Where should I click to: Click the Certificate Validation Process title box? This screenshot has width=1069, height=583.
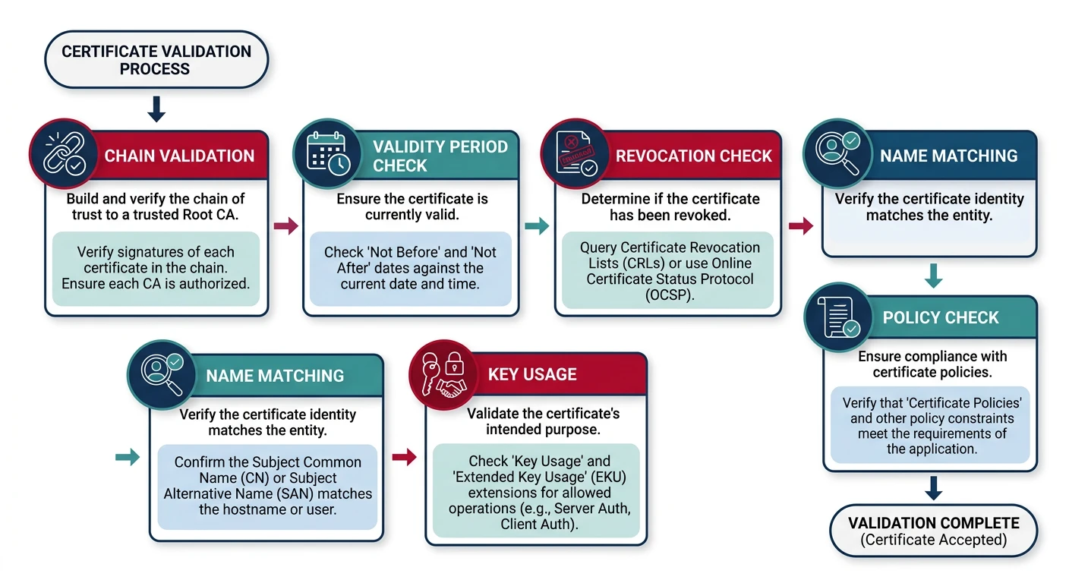point(156,60)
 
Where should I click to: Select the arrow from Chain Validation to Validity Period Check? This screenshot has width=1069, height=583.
point(285,225)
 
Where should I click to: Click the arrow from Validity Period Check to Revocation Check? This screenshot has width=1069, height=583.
point(537,225)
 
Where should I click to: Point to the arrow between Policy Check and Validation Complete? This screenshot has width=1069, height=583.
point(933,487)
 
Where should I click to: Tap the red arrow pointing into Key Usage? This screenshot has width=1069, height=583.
point(405,456)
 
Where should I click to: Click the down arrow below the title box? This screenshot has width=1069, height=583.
point(156,109)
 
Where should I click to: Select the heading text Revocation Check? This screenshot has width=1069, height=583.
point(693,156)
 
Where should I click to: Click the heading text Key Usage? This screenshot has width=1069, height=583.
point(532,374)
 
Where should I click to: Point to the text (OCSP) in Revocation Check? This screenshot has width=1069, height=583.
point(668,295)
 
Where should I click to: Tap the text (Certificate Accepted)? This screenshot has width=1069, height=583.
point(933,540)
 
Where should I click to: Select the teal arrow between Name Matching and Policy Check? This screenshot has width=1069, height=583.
point(933,276)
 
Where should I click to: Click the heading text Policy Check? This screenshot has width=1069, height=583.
point(941,317)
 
